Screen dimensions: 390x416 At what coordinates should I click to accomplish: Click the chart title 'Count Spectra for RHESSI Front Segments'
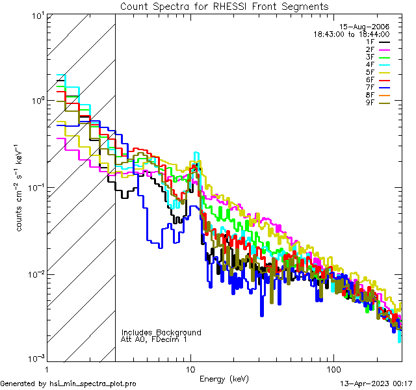pyautogui.click(x=224, y=6)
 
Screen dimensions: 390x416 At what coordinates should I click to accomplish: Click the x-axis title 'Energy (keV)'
pyautogui.click(x=224, y=379)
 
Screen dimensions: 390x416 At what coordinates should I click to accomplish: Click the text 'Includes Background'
pyautogui.click(x=161, y=332)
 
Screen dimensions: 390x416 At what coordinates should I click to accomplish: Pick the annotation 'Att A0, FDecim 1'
pyautogui.click(x=153, y=339)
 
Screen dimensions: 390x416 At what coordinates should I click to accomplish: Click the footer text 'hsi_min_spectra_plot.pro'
pyautogui.click(x=93, y=383)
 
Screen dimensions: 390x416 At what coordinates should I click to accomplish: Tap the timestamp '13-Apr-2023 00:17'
pyautogui.click(x=376, y=383)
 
